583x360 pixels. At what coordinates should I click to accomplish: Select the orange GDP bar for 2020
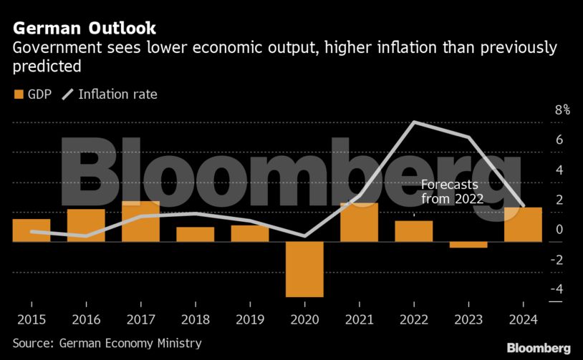[x=304, y=269]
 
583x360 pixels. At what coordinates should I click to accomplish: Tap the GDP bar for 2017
[x=140, y=221]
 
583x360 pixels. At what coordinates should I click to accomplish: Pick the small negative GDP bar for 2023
[x=468, y=245]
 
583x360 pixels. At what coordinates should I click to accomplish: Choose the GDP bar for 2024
[x=523, y=225]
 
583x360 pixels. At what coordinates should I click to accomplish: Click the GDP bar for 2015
[x=32, y=230]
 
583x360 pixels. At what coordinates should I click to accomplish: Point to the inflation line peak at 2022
[x=414, y=122]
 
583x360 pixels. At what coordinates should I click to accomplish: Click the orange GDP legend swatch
[x=18, y=94]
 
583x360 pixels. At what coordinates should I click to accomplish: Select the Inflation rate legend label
[x=117, y=94]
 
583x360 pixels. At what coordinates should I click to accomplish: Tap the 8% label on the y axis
[x=562, y=110]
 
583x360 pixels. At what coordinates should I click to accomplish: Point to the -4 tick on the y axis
[x=559, y=289]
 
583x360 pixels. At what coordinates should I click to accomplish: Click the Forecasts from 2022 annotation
[x=452, y=192]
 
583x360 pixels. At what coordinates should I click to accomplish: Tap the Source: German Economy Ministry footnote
[x=107, y=344]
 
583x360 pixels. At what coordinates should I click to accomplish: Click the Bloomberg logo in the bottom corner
[x=539, y=348]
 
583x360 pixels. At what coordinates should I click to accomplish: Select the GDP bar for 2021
[x=359, y=222]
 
